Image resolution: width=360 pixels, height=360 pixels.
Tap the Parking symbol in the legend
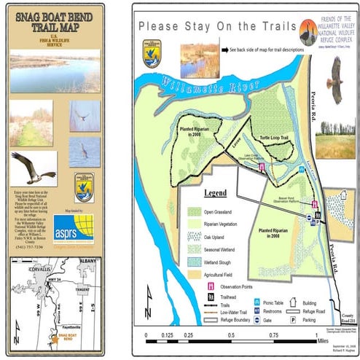[x=276, y=319]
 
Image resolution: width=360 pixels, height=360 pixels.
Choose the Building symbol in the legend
[x=276, y=299]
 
